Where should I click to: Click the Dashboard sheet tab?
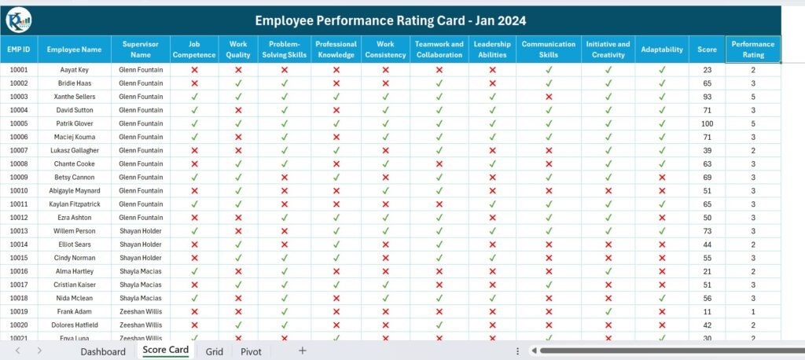[x=102, y=351]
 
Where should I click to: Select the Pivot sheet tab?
[x=251, y=351]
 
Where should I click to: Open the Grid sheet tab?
[x=215, y=351]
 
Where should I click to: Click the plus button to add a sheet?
[x=302, y=351]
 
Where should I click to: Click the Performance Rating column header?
[x=752, y=49]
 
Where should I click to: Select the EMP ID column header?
[x=19, y=49]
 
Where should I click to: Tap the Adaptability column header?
[x=661, y=49]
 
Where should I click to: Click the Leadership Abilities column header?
[x=492, y=49]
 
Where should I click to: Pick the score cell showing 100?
[x=707, y=123]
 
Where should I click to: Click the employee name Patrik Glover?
[x=74, y=123]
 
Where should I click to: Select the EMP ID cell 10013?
[x=19, y=231]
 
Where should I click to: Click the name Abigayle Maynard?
[x=74, y=190]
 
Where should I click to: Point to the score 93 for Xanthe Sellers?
[x=707, y=97]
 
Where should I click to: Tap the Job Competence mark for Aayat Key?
[x=194, y=70]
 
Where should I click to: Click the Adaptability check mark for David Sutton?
[x=661, y=110]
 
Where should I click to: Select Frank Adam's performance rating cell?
[x=752, y=311]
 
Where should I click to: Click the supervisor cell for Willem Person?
[x=140, y=231]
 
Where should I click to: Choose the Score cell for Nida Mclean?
[x=707, y=298]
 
